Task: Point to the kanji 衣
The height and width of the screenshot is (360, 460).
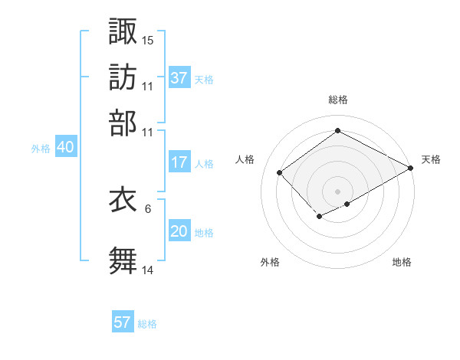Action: [123, 199]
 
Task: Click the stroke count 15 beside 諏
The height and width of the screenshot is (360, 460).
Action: [148, 39]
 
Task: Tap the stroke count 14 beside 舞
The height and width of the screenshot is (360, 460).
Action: [148, 270]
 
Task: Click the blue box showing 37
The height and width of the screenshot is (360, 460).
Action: [179, 78]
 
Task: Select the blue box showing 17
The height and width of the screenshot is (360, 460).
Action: [179, 162]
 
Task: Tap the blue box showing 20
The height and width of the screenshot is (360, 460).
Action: [179, 232]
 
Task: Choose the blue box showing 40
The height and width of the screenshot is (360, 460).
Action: [65, 148]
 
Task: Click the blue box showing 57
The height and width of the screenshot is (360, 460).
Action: [123, 322]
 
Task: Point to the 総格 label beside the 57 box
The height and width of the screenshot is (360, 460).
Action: [147, 324]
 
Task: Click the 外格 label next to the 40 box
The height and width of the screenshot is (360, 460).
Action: [41, 149]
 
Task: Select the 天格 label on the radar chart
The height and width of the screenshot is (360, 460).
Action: [431, 159]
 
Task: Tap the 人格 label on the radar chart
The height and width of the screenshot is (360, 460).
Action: [245, 159]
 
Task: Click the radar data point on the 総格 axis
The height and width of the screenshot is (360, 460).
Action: [337, 131]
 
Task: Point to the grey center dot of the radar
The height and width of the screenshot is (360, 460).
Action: [337, 191]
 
